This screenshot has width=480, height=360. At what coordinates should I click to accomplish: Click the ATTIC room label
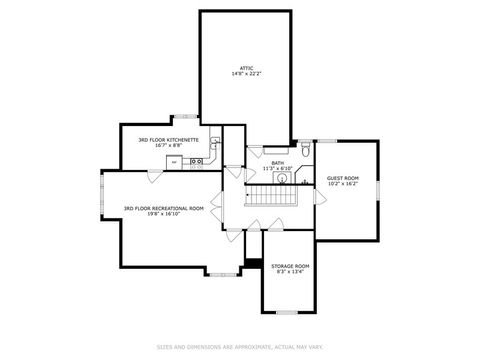pos(246,68)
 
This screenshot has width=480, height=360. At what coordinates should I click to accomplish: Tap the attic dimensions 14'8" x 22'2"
pos(246,74)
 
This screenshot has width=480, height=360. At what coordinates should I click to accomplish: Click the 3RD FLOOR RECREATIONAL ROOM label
pos(163,208)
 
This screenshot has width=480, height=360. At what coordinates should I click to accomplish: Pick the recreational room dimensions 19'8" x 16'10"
pos(163,214)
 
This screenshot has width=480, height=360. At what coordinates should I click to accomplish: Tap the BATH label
pos(277,162)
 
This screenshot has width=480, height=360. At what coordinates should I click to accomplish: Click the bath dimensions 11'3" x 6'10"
pos(277,168)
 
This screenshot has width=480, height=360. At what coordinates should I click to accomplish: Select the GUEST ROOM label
pos(343,178)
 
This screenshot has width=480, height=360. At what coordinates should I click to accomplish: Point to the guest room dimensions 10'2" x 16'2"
pos(343,184)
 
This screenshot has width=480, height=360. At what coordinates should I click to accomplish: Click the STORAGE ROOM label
pos(290,265)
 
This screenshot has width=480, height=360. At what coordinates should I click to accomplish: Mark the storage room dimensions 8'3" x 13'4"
pos(290,271)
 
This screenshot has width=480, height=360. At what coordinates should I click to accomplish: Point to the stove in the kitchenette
pos(185,160)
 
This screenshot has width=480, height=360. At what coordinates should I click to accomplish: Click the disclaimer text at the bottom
pos(240,346)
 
